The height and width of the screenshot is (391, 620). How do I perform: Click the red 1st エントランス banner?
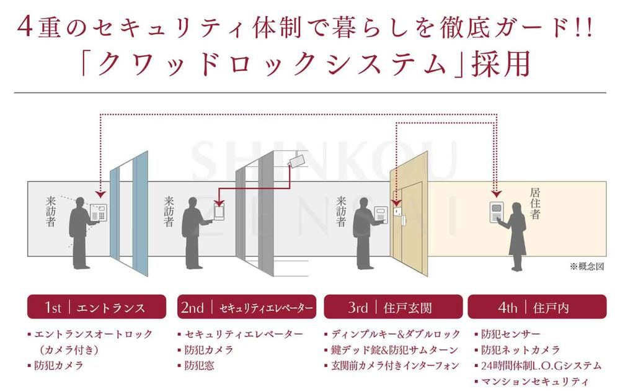coord(97,307)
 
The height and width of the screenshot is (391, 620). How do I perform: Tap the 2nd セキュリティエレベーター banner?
coord(247,307)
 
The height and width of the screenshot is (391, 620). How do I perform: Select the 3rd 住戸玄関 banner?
coord(393,307)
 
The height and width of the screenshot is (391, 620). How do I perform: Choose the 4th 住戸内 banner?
coord(537,307)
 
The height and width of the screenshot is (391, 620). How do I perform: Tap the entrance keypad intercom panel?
coord(99,212)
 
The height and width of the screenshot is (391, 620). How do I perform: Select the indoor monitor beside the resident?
coord(497,212)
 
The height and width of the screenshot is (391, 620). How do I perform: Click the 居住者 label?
coord(535,204)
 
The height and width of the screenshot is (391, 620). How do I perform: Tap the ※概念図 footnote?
coord(587,266)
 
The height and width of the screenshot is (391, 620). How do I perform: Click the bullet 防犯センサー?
coord(507,335)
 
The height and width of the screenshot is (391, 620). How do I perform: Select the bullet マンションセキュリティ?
coord(531,382)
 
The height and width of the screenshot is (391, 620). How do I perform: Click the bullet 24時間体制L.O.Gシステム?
coord(538,366)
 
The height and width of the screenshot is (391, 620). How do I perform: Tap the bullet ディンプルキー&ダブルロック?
coord(392,335)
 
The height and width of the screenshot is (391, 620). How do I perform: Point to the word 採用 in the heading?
coord(500,64)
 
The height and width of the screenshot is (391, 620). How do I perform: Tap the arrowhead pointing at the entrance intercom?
coord(101,194)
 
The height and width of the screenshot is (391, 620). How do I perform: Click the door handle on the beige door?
coord(404,219)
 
